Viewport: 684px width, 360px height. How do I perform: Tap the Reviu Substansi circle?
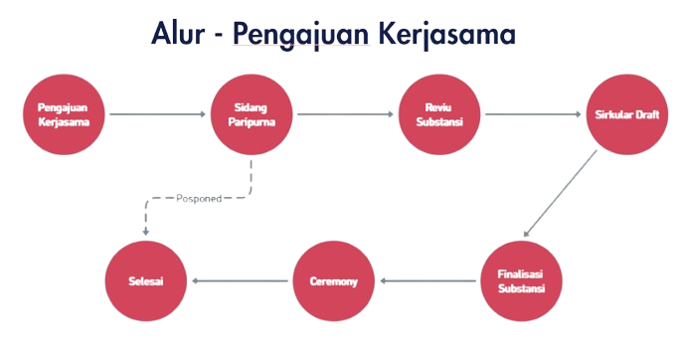[438, 114]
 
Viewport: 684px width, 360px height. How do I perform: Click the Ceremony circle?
[333, 281]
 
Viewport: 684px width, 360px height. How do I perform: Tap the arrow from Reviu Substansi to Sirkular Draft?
[531, 114]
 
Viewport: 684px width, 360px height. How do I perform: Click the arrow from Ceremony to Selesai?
[240, 281]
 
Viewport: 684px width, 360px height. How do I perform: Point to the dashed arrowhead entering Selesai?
[146, 231]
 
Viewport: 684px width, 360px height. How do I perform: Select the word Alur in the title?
[179, 34]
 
